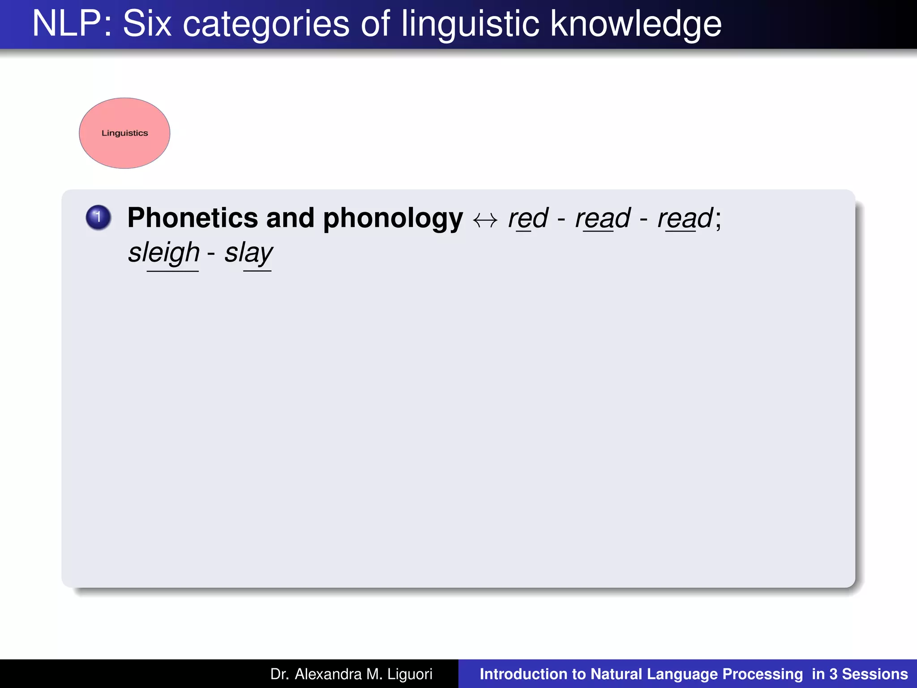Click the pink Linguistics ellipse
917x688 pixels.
(124, 133)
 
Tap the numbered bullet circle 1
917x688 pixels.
(99, 218)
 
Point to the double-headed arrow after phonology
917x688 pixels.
(485, 220)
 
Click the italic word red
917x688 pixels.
(528, 219)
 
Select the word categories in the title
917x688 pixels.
(266, 25)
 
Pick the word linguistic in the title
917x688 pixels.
(470, 25)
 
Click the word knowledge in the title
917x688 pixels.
(636, 25)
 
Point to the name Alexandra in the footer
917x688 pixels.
(328, 674)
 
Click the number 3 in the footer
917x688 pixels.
(833, 674)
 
